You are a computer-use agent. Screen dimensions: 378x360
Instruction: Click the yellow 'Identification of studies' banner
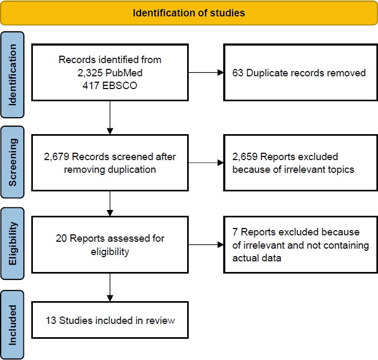tap(189, 13)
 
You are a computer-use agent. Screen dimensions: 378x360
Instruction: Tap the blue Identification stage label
tap(12, 75)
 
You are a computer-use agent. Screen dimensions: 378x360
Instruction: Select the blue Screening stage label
tap(12, 162)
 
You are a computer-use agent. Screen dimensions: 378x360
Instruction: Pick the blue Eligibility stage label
tap(12, 243)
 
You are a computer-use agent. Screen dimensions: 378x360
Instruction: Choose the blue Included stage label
tap(12, 325)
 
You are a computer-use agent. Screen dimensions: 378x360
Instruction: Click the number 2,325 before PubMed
tap(90, 73)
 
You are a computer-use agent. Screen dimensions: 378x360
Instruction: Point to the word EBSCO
tap(120, 85)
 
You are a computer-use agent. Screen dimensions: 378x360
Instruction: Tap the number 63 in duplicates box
tap(238, 73)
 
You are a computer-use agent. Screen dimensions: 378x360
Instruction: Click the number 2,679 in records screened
tap(57, 157)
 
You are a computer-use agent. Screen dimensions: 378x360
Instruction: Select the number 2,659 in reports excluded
tap(245, 157)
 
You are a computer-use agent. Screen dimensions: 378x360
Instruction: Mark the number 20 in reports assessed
tap(61, 238)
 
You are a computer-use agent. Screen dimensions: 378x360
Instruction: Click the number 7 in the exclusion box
tap(235, 232)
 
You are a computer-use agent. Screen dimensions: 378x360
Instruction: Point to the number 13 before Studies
tap(51, 320)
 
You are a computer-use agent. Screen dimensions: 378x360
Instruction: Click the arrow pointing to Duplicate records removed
tap(206, 72)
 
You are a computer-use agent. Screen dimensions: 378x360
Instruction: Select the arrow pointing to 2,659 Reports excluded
tap(206, 163)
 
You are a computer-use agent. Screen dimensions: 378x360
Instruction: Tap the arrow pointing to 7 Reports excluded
tap(206, 245)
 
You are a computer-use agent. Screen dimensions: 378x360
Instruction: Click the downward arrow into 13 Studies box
tap(110, 287)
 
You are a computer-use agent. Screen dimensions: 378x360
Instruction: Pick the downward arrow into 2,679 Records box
tap(110, 117)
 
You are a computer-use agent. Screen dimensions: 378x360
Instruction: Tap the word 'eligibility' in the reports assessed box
tap(110, 252)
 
